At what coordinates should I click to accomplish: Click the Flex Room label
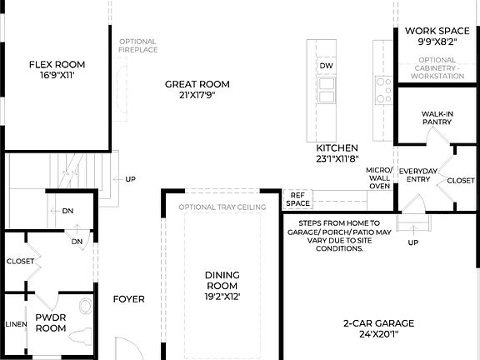57,64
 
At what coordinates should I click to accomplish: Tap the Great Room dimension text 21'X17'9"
197,95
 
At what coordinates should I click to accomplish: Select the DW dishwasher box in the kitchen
327,65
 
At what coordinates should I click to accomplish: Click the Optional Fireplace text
137,46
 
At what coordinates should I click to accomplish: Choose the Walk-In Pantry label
437,117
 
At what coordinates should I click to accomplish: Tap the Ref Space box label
298,198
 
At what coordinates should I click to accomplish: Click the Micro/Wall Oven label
379,177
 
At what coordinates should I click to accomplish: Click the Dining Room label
222,280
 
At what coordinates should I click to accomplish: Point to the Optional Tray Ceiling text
222,207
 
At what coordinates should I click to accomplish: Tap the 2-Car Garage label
377,323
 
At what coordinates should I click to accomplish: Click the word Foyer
129,299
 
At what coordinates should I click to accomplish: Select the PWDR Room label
50,322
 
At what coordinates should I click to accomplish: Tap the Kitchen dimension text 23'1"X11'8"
337,158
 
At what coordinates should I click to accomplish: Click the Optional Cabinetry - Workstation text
437,67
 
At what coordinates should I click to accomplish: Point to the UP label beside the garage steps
413,242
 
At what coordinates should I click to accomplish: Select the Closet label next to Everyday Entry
460,180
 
